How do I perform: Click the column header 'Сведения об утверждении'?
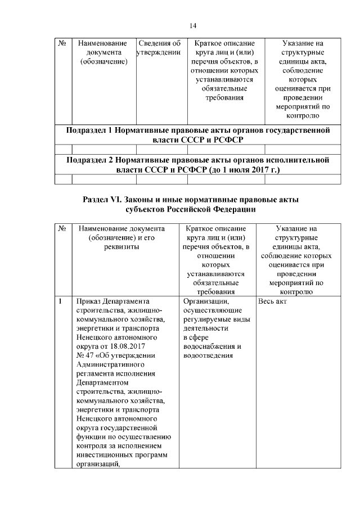[x=159, y=48]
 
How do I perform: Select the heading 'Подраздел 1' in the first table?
[x=90, y=130]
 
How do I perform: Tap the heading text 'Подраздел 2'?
[x=90, y=160]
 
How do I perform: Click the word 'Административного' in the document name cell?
[x=107, y=364]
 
